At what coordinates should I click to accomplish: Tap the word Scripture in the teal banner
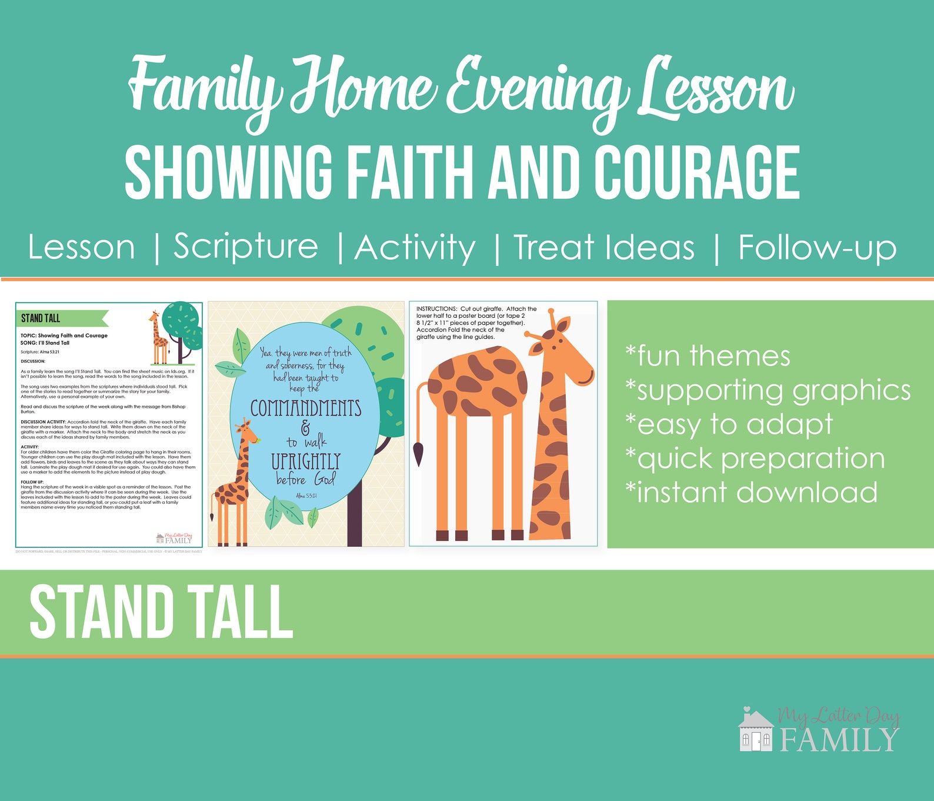click(246, 247)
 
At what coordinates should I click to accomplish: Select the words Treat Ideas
click(604, 247)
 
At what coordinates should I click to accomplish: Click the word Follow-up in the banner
click(817, 247)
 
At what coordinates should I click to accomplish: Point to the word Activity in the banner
click(415, 247)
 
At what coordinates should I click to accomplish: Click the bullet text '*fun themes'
click(708, 356)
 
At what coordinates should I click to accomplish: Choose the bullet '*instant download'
click(751, 492)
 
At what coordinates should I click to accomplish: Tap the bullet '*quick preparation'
click(755, 458)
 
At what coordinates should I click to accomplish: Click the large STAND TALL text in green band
click(161, 613)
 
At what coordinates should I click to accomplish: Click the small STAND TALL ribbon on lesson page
click(41, 318)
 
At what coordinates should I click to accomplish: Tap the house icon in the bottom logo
click(756, 732)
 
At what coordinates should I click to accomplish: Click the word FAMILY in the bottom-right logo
click(839, 740)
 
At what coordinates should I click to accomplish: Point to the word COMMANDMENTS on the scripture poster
click(306, 408)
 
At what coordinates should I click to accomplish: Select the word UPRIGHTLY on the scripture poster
click(306, 461)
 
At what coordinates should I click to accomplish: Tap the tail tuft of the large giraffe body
click(419, 453)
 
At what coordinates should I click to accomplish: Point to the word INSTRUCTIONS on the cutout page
click(436, 309)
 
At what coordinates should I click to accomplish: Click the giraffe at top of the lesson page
click(158, 338)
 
